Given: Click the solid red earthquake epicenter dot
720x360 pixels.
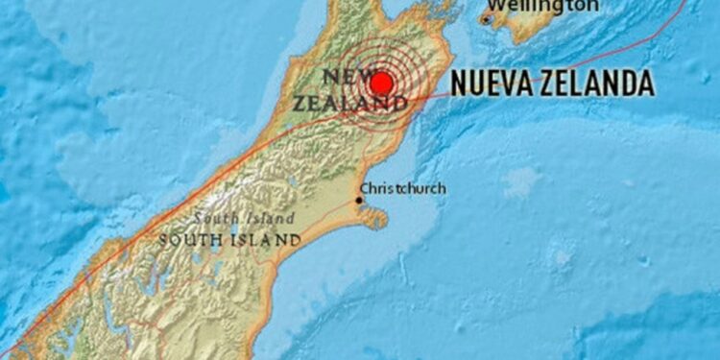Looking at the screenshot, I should coord(382,83).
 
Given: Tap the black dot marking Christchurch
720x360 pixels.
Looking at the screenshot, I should coord(359,200).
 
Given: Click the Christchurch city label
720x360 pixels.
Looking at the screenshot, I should coord(402,188).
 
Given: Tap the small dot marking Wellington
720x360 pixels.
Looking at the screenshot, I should coord(487,18).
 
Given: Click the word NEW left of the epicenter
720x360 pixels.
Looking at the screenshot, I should coord(343,76).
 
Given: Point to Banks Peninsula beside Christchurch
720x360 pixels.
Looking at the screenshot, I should coord(375,218).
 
